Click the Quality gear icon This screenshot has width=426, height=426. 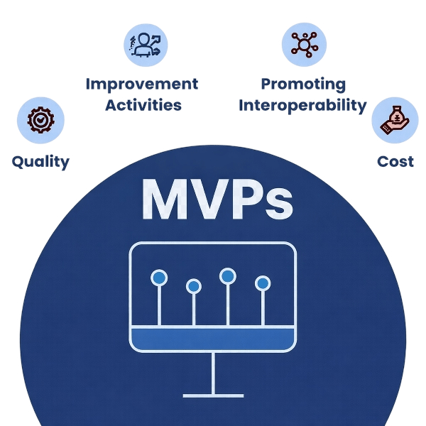40,120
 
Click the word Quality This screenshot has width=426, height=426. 40,161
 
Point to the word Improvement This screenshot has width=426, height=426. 141,84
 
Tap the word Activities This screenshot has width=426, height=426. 141,105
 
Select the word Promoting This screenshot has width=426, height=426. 303,84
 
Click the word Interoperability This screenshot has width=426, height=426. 303,105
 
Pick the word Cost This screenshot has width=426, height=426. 395,161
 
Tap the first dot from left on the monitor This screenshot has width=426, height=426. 159,278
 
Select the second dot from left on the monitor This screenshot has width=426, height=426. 193,286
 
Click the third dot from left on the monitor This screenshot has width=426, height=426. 227,275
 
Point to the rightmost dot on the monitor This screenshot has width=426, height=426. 263,283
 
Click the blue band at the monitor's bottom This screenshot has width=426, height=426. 213,339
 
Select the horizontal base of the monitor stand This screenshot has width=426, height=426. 213,395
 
